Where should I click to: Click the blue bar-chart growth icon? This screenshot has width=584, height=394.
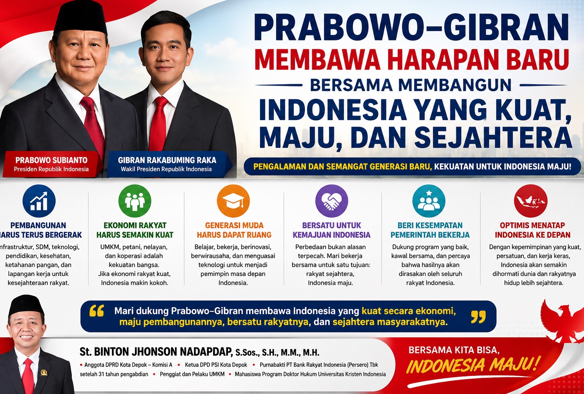click(39, 201)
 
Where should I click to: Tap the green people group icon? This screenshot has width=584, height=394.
click(135, 201)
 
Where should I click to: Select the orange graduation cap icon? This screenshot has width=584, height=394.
click(233, 201)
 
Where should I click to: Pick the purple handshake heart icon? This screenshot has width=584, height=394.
click(332, 201)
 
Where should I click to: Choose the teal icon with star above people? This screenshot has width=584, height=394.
click(429, 201)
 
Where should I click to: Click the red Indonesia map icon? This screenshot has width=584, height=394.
click(531, 201)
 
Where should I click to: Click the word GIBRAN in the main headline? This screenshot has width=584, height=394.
click(506, 27)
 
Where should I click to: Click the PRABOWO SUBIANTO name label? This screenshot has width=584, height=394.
click(51, 160)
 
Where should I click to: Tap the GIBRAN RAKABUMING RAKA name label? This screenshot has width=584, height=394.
click(167, 160)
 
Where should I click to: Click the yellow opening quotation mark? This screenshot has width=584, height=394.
click(96, 311)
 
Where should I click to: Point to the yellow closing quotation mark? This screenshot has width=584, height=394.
click(478, 317)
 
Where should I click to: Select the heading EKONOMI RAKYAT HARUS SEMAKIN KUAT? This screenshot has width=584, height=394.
click(135, 230)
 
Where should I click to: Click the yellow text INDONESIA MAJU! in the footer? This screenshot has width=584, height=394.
click(472, 365)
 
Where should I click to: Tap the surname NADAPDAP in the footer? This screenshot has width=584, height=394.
click(206, 351)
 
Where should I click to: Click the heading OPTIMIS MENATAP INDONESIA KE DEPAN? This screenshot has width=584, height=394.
click(532, 230)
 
